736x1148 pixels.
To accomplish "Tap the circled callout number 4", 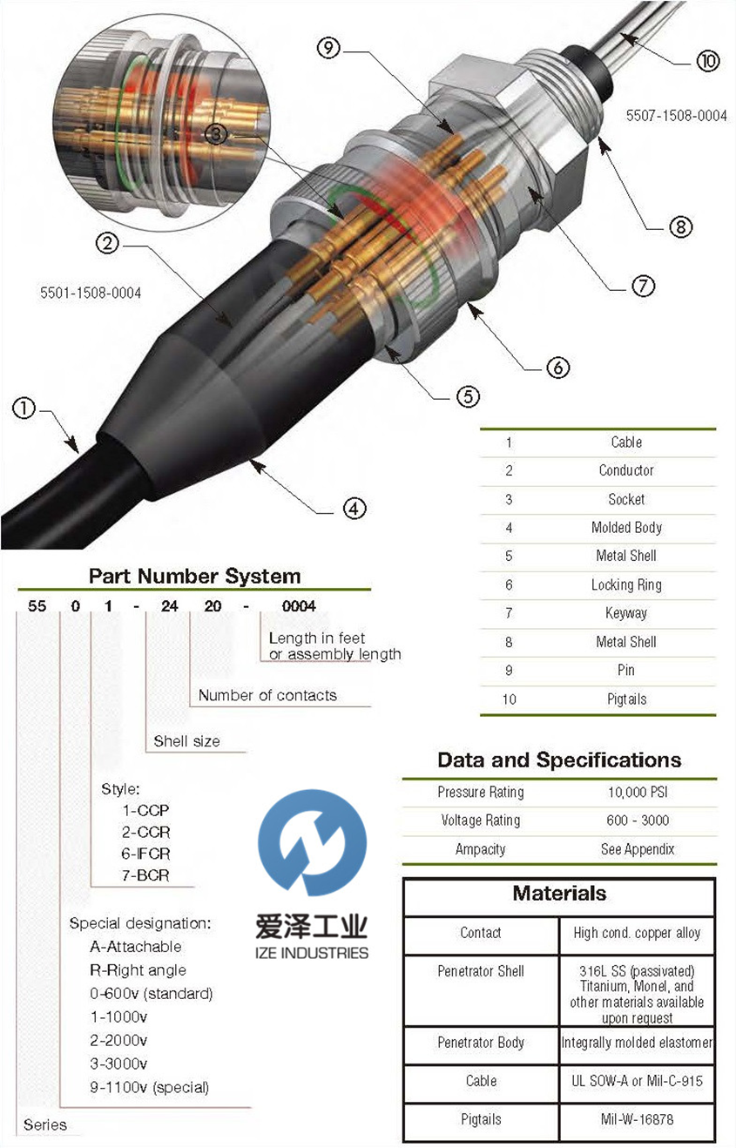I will [x=354, y=509].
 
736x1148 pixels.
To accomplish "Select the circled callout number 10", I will [x=708, y=61].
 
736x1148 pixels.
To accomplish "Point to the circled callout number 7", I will [x=643, y=286].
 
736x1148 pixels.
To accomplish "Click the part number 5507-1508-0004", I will [x=677, y=116].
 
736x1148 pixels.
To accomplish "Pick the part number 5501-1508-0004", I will [x=91, y=294].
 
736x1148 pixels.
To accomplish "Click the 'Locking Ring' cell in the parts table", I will [x=626, y=585].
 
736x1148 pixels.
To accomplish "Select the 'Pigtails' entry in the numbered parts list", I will [x=626, y=699].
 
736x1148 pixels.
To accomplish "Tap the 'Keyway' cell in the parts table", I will [x=626, y=613].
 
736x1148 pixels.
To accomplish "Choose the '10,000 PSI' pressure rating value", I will [x=638, y=793].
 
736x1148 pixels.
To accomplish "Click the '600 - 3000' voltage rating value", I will [x=638, y=820].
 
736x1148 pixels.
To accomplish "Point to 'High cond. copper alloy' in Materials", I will [x=637, y=933].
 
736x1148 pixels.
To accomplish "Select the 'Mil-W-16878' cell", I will [x=637, y=1119].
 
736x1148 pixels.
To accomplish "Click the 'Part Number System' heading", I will [x=194, y=577].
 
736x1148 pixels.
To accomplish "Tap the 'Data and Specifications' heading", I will [x=559, y=760].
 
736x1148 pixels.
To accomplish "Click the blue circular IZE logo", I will [x=313, y=842].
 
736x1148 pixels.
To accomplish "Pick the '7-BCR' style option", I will [x=145, y=875].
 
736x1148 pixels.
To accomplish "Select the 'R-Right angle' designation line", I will [x=138, y=969].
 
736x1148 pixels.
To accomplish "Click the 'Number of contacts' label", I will [x=267, y=695].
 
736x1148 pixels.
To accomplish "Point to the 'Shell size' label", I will [x=186, y=741].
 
